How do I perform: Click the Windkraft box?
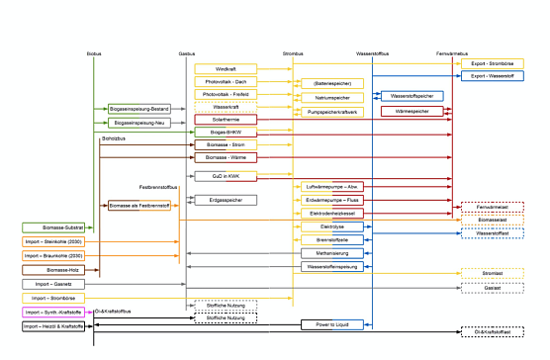point(226,68)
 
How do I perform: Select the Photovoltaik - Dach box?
point(226,81)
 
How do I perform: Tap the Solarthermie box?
point(226,119)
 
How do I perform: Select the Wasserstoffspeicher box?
point(412,95)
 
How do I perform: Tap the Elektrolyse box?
point(333,226)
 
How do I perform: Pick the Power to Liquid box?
point(333,323)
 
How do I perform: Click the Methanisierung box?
point(333,253)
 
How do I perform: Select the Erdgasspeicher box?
point(226,200)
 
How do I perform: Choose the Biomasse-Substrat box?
point(50,226)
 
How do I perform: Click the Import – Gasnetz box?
point(50,284)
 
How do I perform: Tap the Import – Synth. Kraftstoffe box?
point(50,312)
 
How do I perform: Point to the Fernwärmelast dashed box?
point(492,207)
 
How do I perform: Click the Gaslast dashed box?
point(492,287)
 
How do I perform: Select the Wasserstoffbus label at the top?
point(373,49)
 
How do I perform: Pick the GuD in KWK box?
point(226,175)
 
